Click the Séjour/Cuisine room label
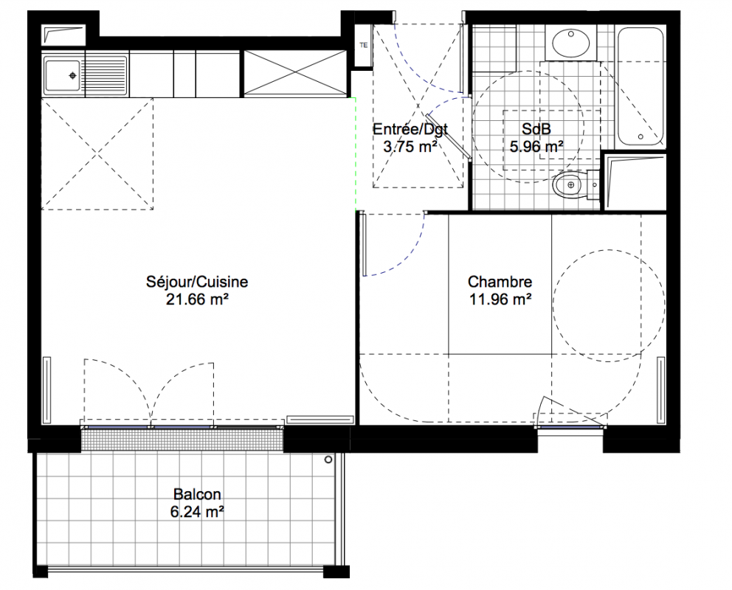pyautogui.click(x=197, y=282)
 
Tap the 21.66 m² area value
pyautogui.click(x=197, y=299)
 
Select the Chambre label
pyautogui.click(x=500, y=282)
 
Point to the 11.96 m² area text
pyautogui.click(x=500, y=299)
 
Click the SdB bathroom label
pyautogui.click(x=536, y=129)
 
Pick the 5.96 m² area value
pyautogui.click(x=536, y=147)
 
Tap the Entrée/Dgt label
pyautogui.click(x=410, y=129)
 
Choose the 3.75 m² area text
pyautogui.click(x=410, y=147)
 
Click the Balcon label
pyautogui.click(x=197, y=494)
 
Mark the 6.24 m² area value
pyautogui.click(x=197, y=512)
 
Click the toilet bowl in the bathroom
pyautogui.click(x=568, y=185)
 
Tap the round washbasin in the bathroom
pyautogui.click(x=570, y=41)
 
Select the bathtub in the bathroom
pyautogui.click(x=640, y=87)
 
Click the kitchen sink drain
pyautogui.click(x=73, y=75)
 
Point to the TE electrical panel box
pyautogui.click(x=364, y=45)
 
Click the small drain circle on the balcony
pyautogui.click(x=328, y=460)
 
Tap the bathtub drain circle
pyautogui.click(x=640, y=136)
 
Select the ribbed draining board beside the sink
pyautogui.click(x=106, y=75)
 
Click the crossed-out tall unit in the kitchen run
pyautogui.click(x=295, y=73)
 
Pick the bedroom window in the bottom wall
pyautogui.click(x=570, y=427)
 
